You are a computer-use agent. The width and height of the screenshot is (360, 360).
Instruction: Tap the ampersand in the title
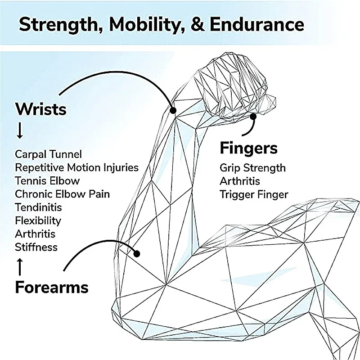(x=198, y=24)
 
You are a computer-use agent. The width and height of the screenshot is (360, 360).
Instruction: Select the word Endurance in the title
(x=257, y=24)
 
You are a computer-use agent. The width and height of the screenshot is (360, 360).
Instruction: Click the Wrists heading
(x=40, y=109)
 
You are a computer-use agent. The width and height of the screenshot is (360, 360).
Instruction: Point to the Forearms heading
(x=52, y=287)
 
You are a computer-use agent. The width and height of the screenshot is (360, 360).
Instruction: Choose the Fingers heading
(x=249, y=148)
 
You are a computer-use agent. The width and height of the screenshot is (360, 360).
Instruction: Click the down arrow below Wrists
(x=20, y=130)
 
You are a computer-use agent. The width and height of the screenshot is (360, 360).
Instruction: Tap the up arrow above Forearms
(x=20, y=267)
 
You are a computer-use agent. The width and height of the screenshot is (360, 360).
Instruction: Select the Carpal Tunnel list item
(x=48, y=154)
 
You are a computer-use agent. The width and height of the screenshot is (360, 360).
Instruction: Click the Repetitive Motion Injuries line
(x=76, y=167)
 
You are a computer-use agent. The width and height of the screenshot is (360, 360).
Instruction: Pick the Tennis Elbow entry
(x=47, y=181)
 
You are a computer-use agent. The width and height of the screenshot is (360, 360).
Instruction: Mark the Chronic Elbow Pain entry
(x=62, y=194)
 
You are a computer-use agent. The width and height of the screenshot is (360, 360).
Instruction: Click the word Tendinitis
(x=38, y=207)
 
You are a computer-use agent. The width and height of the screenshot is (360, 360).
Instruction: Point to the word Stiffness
(x=36, y=247)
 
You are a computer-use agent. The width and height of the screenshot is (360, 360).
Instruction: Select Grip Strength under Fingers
(x=252, y=168)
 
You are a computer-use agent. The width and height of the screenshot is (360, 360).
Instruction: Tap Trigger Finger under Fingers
(x=254, y=195)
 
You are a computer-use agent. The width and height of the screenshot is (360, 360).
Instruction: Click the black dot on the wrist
(x=173, y=110)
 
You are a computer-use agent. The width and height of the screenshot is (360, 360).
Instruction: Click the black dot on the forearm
(x=137, y=254)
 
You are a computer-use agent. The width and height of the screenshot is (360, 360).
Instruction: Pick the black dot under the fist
(x=253, y=117)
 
